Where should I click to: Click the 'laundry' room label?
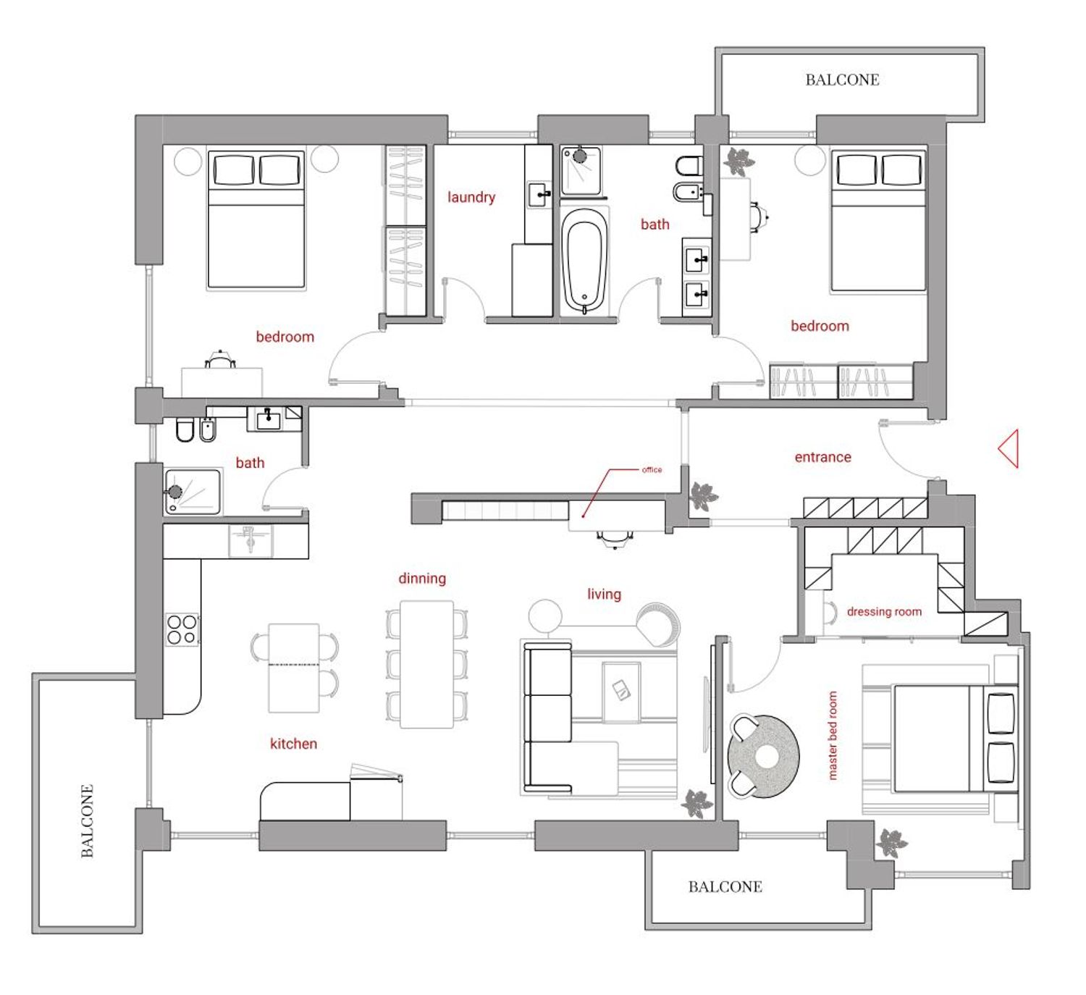[x=471, y=197]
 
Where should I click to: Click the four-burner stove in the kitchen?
[x=182, y=629]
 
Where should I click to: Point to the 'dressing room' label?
[x=884, y=611]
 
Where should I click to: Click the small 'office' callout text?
[x=652, y=469]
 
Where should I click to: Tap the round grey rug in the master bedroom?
[x=764, y=756]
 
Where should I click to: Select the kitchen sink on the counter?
[x=250, y=540]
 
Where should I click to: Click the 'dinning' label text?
[x=422, y=578]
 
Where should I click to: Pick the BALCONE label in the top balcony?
[x=843, y=80]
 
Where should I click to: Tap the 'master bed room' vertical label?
[x=833, y=736]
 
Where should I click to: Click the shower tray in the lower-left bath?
[x=193, y=491]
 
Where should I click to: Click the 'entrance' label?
[x=823, y=457]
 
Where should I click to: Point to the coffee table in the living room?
[x=621, y=692]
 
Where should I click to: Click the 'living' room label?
[x=604, y=595]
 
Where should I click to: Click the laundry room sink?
[x=539, y=195]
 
